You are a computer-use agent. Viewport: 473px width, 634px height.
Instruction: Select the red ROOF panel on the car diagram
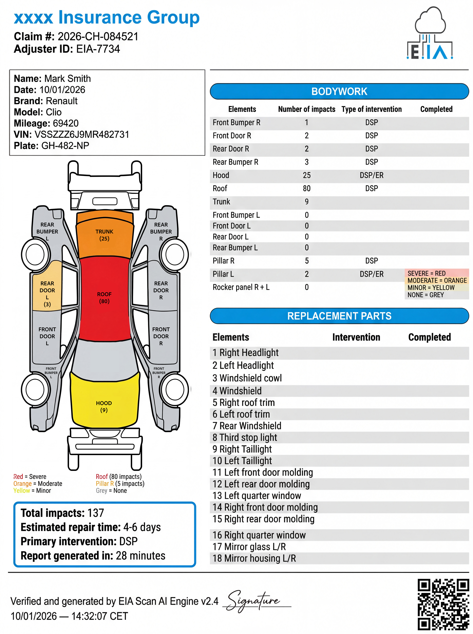click(104, 298)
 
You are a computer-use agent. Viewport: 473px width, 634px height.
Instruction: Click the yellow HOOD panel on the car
click(104, 404)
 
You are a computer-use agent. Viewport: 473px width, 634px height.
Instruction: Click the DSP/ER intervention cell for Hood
click(371, 175)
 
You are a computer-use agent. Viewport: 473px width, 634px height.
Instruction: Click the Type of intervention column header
click(371, 109)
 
